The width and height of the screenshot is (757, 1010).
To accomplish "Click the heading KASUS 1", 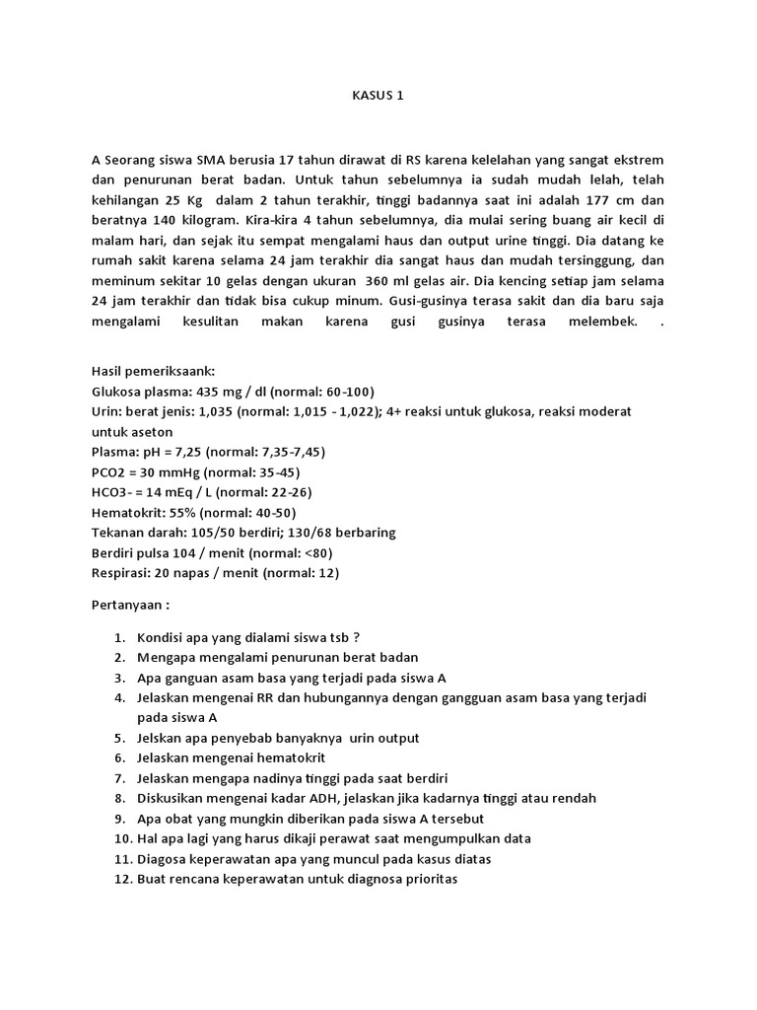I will [x=378, y=96].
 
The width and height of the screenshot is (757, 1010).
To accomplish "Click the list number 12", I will [x=122, y=879].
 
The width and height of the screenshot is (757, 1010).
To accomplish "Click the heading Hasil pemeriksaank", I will [x=159, y=371].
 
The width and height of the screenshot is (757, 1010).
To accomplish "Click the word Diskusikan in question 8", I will [x=171, y=798].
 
